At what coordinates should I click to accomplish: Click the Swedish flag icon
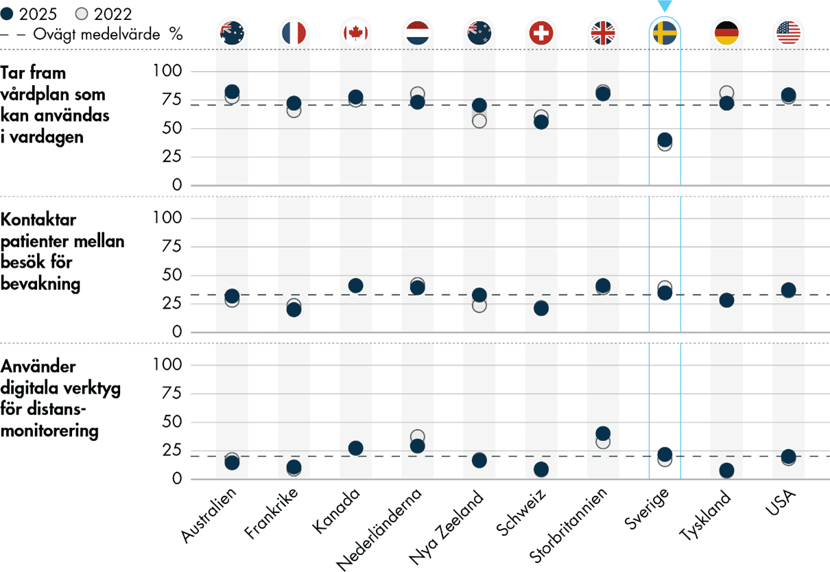(x=665, y=32)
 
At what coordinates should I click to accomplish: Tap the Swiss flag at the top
(x=541, y=32)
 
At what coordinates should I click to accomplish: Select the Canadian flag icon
(x=355, y=32)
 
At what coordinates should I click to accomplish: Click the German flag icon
(x=726, y=32)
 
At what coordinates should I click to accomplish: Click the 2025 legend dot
(x=8, y=14)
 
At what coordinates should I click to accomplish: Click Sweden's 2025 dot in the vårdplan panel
(x=665, y=140)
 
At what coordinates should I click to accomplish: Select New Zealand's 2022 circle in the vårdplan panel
(x=479, y=121)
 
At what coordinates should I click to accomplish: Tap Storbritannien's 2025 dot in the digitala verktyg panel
(x=603, y=433)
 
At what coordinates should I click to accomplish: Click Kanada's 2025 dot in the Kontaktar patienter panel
(x=355, y=285)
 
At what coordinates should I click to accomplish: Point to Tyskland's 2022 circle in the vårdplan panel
(x=726, y=93)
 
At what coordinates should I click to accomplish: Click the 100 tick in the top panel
(x=168, y=71)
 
